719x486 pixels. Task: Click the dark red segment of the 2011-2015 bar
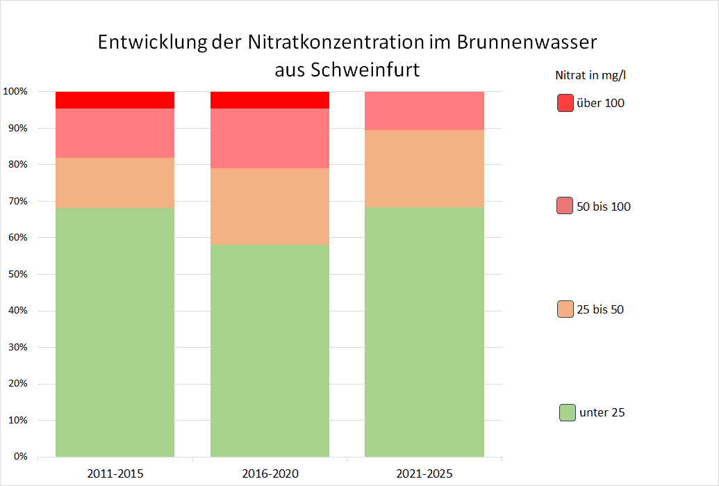115,99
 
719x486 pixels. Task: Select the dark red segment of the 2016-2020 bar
270,99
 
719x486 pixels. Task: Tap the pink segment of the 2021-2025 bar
424,111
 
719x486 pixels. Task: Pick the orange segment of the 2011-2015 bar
115,183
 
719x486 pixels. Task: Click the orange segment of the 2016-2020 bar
270,206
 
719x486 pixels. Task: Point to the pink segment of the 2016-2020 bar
270,138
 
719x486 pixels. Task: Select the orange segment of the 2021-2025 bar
424,168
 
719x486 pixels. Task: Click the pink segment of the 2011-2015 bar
115,133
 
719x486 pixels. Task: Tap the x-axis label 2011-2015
115,474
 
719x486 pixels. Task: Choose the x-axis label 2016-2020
270,474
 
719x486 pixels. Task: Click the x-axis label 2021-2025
424,474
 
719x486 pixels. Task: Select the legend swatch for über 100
565,103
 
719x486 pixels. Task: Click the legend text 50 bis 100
604,206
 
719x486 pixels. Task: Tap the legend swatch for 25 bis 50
565,309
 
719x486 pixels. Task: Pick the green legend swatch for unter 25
567,412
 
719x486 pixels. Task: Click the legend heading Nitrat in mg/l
595,74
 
